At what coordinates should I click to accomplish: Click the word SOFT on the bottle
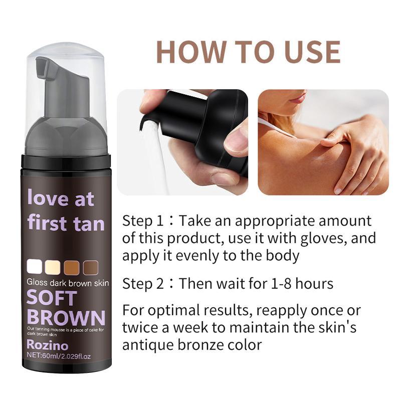point(52,298)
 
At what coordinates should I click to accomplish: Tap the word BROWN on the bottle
point(65,317)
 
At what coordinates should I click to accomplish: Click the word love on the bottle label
point(48,198)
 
